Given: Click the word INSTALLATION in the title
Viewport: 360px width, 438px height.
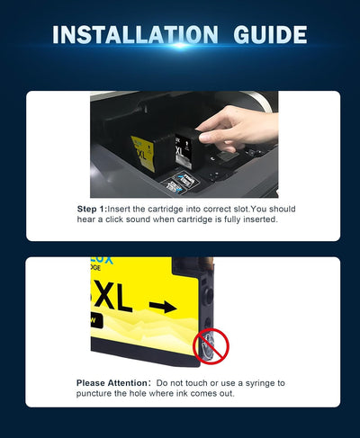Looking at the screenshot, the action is coord(135,35).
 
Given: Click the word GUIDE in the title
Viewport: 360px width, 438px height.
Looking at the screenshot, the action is coord(270,35).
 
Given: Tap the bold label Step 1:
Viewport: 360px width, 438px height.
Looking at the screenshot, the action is coord(92,209).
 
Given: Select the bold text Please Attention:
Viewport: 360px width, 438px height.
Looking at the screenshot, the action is coord(113,383).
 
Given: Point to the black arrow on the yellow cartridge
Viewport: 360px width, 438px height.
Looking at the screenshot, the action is coord(163,307).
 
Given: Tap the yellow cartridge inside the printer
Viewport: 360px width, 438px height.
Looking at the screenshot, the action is coord(143,154).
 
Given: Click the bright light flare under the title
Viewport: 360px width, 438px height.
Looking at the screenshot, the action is coord(180,45).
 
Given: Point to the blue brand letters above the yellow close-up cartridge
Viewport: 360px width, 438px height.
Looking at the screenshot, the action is coord(102,261).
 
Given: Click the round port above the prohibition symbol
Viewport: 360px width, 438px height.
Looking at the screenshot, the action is coord(208,295).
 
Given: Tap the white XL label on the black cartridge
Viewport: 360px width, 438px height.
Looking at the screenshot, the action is coord(179,151).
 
